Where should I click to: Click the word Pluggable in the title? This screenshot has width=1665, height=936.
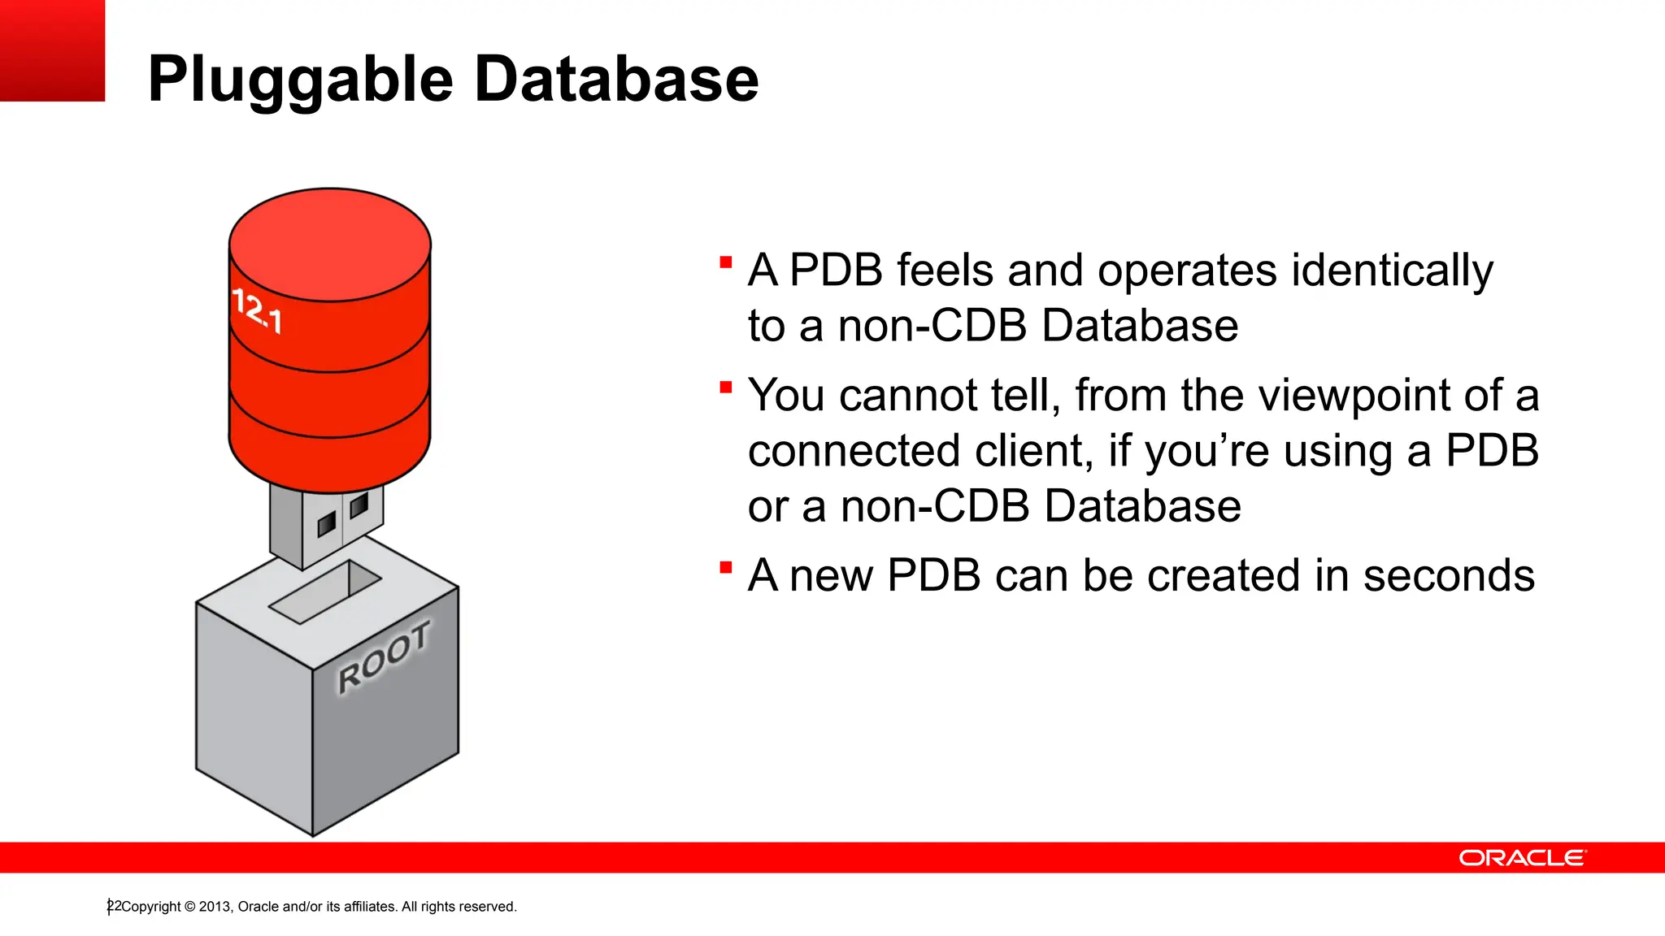point(300,80)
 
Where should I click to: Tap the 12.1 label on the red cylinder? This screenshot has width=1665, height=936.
point(257,311)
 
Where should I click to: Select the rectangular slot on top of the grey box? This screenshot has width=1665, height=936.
point(324,592)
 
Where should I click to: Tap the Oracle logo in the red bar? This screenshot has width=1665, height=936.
point(1522,858)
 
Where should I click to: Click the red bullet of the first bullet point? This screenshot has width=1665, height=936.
point(726,262)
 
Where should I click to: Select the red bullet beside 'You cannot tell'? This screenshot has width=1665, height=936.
point(726,387)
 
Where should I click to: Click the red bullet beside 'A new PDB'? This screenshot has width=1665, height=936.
point(726,567)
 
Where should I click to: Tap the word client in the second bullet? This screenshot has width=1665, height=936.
point(1033,451)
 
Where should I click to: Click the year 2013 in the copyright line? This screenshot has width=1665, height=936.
point(215,907)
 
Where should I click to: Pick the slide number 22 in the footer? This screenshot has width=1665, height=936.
point(114,906)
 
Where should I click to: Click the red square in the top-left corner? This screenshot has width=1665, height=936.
point(52,50)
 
